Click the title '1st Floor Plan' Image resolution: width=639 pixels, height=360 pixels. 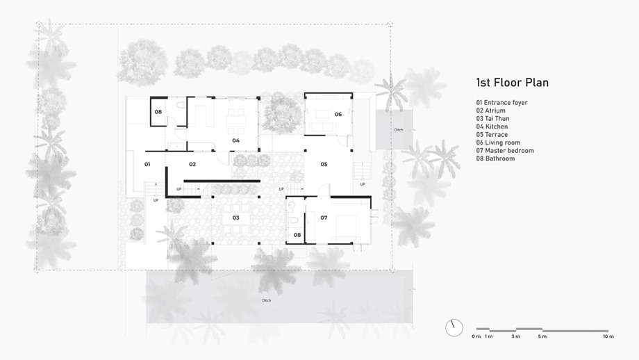pos(513,83)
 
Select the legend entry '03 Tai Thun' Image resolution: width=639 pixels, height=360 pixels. pos(492,119)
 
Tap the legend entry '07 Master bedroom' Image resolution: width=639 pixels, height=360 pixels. pos(505,150)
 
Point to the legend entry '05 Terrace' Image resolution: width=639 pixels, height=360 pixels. pos(492,135)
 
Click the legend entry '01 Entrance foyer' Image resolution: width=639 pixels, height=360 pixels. pos(501,103)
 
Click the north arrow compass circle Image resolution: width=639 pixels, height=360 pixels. pos(454,327)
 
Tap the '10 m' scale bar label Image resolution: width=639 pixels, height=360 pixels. pos(608,336)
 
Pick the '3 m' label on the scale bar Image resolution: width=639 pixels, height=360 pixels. pos(516,336)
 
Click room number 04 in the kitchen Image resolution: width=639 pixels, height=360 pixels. pos(236,140)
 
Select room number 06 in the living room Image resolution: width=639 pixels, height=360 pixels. pos(338,114)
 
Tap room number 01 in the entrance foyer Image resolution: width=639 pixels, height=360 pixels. pos(147,164)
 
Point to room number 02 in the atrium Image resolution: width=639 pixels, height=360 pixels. pos(192,164)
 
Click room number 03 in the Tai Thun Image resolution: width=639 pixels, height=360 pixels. pos(236,218)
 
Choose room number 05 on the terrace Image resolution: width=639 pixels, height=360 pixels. pos(324,164)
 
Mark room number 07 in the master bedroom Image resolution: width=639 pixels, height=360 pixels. pos(324,218)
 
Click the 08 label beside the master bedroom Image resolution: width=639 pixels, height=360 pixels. pos(297,235)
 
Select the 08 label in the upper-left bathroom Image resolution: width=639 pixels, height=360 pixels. pos(158,112)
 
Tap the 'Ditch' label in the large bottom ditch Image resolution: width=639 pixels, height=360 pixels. pos(267,300)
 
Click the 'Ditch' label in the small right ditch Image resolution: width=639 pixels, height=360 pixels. pos(399,130)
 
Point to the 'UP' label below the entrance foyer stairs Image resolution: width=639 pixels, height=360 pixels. pos(156,201)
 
